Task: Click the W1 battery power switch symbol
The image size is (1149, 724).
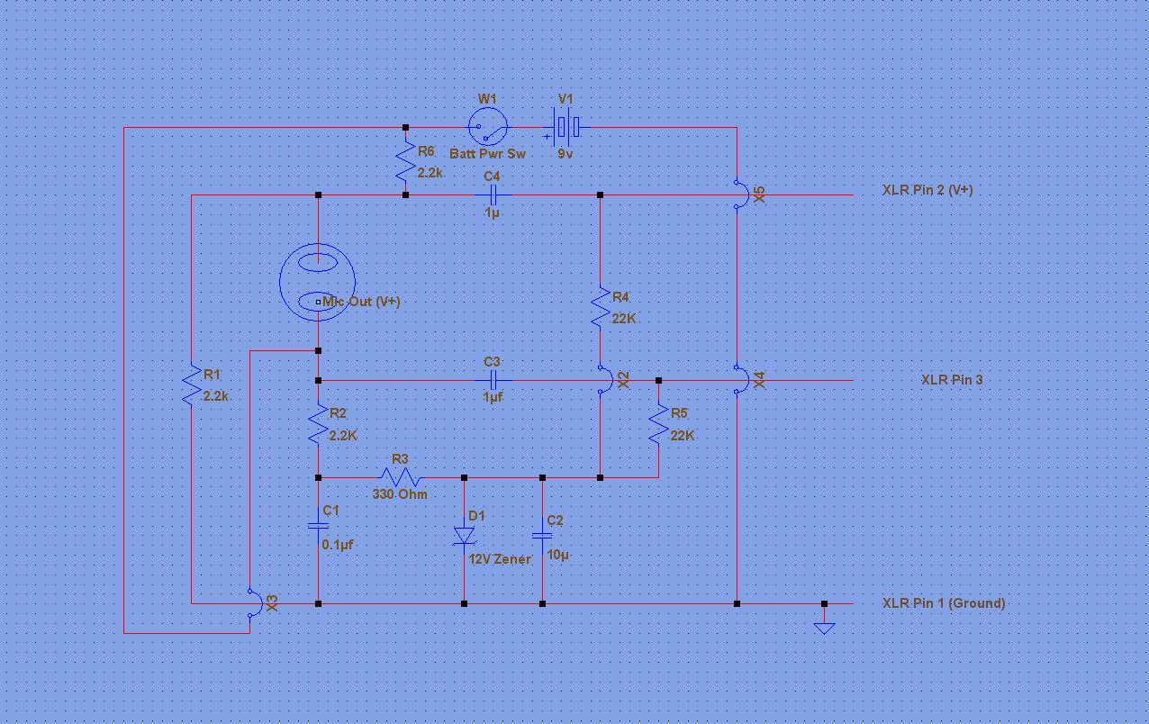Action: (x=488, y=127)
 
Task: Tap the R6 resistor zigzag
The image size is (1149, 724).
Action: (x=406, y=160)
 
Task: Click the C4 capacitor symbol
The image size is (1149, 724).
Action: (x=493, y=195)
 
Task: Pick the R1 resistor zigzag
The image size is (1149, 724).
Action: (x=191, y=385)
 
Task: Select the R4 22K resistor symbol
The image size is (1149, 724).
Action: (x=600, y=307)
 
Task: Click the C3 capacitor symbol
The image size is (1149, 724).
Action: (x=493, y=381)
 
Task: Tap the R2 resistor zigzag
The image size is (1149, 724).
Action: (x=318, y=424)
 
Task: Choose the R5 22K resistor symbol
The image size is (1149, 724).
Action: (x=658, y=424)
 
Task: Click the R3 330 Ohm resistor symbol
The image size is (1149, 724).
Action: (x=401, y=477)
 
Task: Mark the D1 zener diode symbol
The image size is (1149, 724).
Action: (x=465, y=536)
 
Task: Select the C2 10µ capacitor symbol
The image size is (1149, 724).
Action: (x=542, y=536)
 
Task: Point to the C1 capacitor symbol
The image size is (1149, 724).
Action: (x=318, y=526)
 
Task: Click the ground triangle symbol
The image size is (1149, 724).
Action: (x=824, y=629)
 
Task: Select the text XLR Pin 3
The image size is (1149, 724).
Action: (x=952, y=380)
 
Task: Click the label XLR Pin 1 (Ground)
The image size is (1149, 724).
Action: (x=944, y=603)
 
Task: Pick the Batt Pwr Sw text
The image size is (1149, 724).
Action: (x=487, y=154)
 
